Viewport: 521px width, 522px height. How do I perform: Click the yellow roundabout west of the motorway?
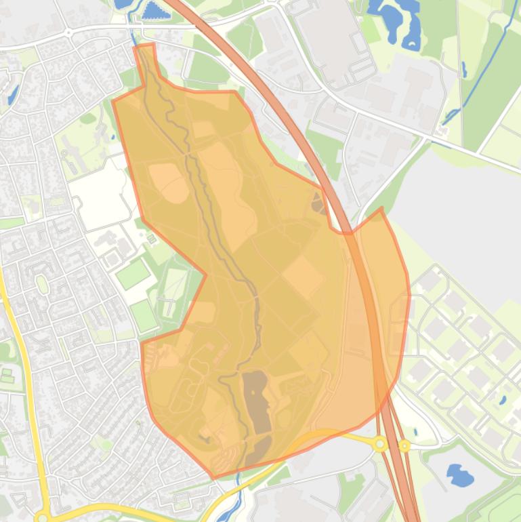[381, 444]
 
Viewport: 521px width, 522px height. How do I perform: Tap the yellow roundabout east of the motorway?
[404, 445]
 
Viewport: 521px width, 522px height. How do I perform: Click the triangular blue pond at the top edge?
[155, 10]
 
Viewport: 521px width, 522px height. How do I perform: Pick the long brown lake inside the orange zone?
[257, 400]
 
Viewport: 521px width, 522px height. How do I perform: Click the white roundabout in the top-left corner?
[68, 32]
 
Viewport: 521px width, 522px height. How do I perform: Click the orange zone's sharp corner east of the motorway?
[381, 208]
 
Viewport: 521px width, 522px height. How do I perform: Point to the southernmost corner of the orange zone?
[214, 478]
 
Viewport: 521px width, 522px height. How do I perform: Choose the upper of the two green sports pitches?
[132, 274]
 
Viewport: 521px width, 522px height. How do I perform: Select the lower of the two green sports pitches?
[144, 315]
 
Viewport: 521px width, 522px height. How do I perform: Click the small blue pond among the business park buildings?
[502, 400]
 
